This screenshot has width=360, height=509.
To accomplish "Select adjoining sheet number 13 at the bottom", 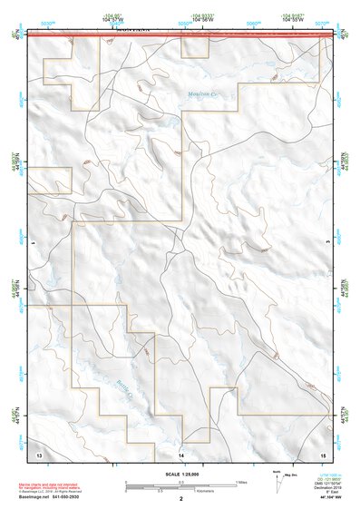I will click(39, 452).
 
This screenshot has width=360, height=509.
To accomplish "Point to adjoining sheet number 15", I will click(322, 452).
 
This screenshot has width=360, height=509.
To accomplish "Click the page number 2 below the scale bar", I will click(181, 498).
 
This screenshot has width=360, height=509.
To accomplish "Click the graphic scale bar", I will click(180, 483).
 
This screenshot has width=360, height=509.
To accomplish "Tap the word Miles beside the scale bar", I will click(242, 481).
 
